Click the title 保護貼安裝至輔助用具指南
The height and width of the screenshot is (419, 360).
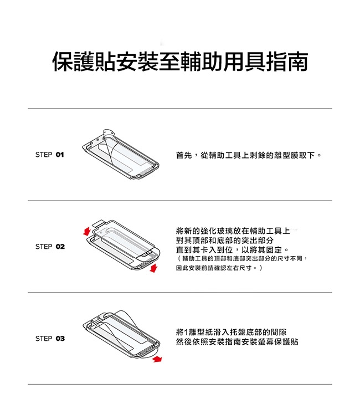pyautogui.click(x=180, y=62)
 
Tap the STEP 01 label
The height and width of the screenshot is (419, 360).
pyautogui.click(x=50, y=155)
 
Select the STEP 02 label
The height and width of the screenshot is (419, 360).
pyautogui.click(x=50, y=247)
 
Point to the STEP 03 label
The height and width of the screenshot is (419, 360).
pyautogui.click(x=50, y=339)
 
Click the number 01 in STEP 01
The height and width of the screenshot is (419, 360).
pyautogui.click(x=60, y=155)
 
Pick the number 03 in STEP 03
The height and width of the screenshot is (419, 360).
pyautogui.click(x=60, y=339)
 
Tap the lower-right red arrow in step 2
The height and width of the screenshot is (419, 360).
pyautogui.click(x=153, y=268)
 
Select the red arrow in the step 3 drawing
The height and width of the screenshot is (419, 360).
pyautogui.click(x=157, y=359)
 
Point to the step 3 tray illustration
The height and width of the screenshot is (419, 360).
pyautogui.click(x=122, y=335)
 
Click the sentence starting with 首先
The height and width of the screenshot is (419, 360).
pyautogui.click(x=249, y=155)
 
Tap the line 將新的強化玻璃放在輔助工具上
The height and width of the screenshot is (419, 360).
pyautogui.click(x=233, y=231)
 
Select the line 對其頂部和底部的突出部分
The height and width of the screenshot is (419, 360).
pyautogui.click(x=225, y=240)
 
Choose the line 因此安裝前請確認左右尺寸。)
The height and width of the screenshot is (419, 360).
pyautogui.click(x=219, y=268)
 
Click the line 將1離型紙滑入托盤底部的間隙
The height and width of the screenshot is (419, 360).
pyautogui.click(x=232, y=332)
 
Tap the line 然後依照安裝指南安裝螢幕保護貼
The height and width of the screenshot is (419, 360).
pyautogui.click(x=237, y=342)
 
